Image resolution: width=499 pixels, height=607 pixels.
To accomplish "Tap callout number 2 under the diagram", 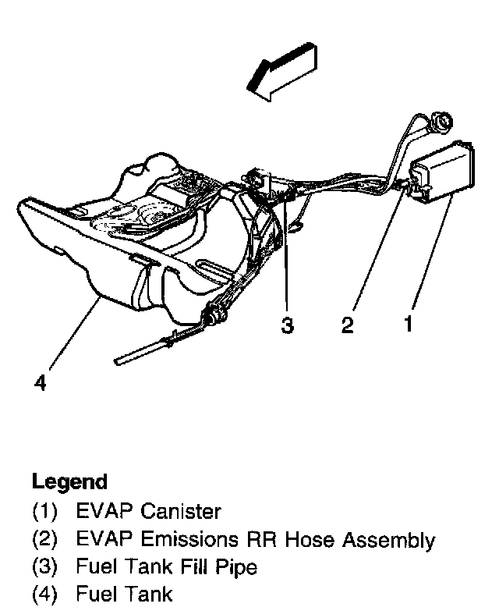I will (x=348, y=325).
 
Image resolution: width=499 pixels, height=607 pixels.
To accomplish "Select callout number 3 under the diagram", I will (x=288, y=325).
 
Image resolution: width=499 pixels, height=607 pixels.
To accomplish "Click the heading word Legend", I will (x=69, y=481).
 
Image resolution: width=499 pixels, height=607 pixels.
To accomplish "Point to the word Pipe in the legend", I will (x=238, y=568).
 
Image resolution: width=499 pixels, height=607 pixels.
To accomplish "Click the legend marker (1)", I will (x=44, y=513).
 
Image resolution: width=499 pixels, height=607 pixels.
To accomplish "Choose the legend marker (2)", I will (x=44, y=540).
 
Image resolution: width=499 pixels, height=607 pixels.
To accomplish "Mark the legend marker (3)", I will (x=44, y=568).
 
